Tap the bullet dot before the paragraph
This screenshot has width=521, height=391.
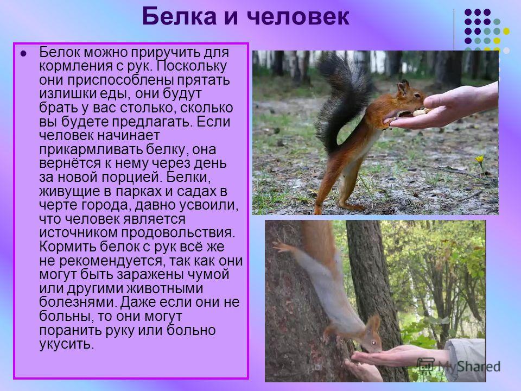pos(23,53)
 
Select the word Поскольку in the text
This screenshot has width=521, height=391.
pos(192,66)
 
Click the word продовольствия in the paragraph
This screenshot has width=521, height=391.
pos(178,233)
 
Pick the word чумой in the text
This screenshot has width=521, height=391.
pos(208,275)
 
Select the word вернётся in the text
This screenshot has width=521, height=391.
pos(70,163)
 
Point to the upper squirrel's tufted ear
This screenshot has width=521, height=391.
pos(404,87)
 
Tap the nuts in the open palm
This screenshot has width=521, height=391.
pos(420,112)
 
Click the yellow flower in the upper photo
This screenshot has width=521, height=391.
pos(479,160)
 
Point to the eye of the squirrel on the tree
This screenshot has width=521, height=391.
pos(373,343)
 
